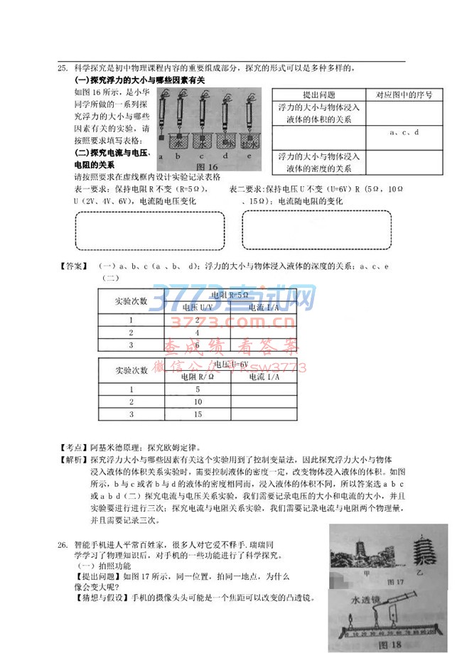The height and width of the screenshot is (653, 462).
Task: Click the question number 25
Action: coord(62,68)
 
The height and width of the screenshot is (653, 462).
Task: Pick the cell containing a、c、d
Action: coord(405,132)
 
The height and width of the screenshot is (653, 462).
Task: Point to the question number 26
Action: coord(63,544)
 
